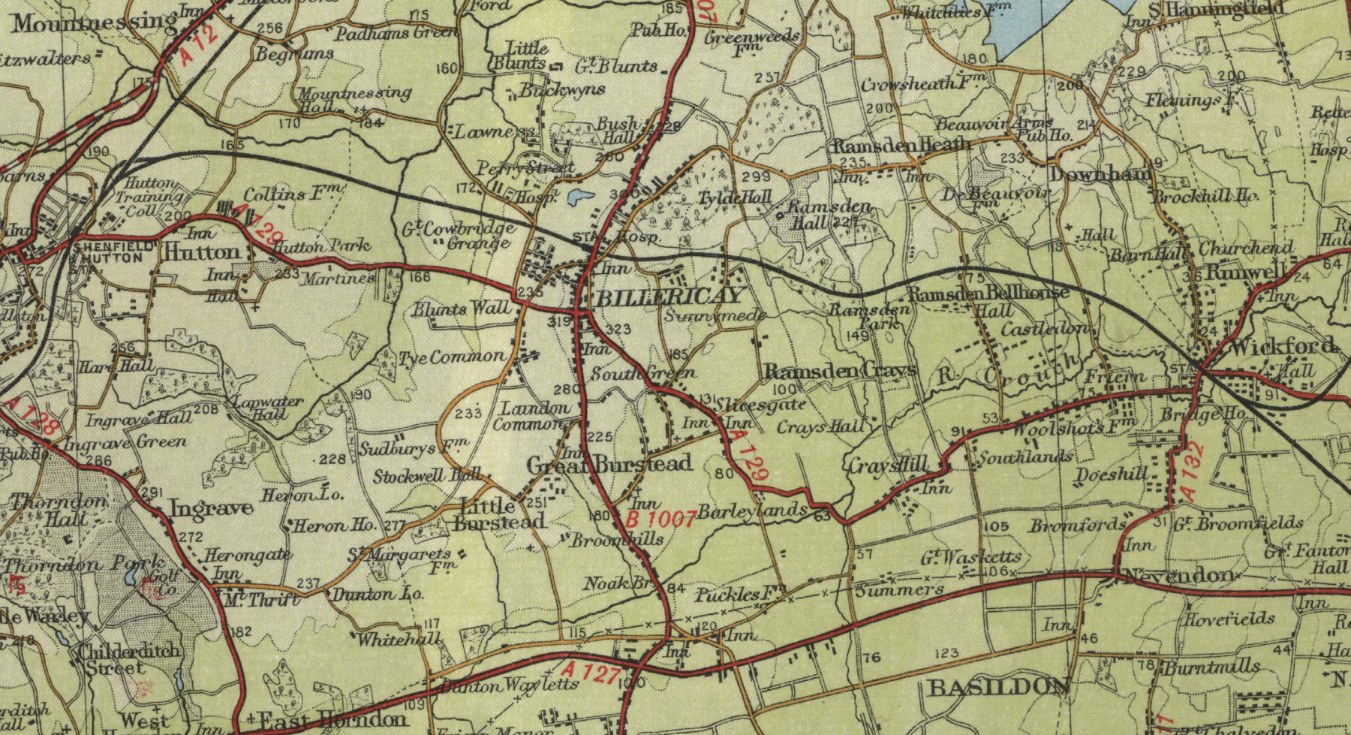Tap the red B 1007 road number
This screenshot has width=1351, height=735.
(x=660, y=519)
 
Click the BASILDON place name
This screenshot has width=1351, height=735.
(x=997, y=686)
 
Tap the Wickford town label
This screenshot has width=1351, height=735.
(x=1283, y=346)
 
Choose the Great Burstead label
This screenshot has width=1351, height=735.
(x=609, y=465)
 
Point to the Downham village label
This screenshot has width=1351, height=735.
(x=1100, y=173)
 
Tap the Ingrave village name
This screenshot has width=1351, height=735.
(x=211, y=508)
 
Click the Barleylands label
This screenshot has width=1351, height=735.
(x=753, y=511)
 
